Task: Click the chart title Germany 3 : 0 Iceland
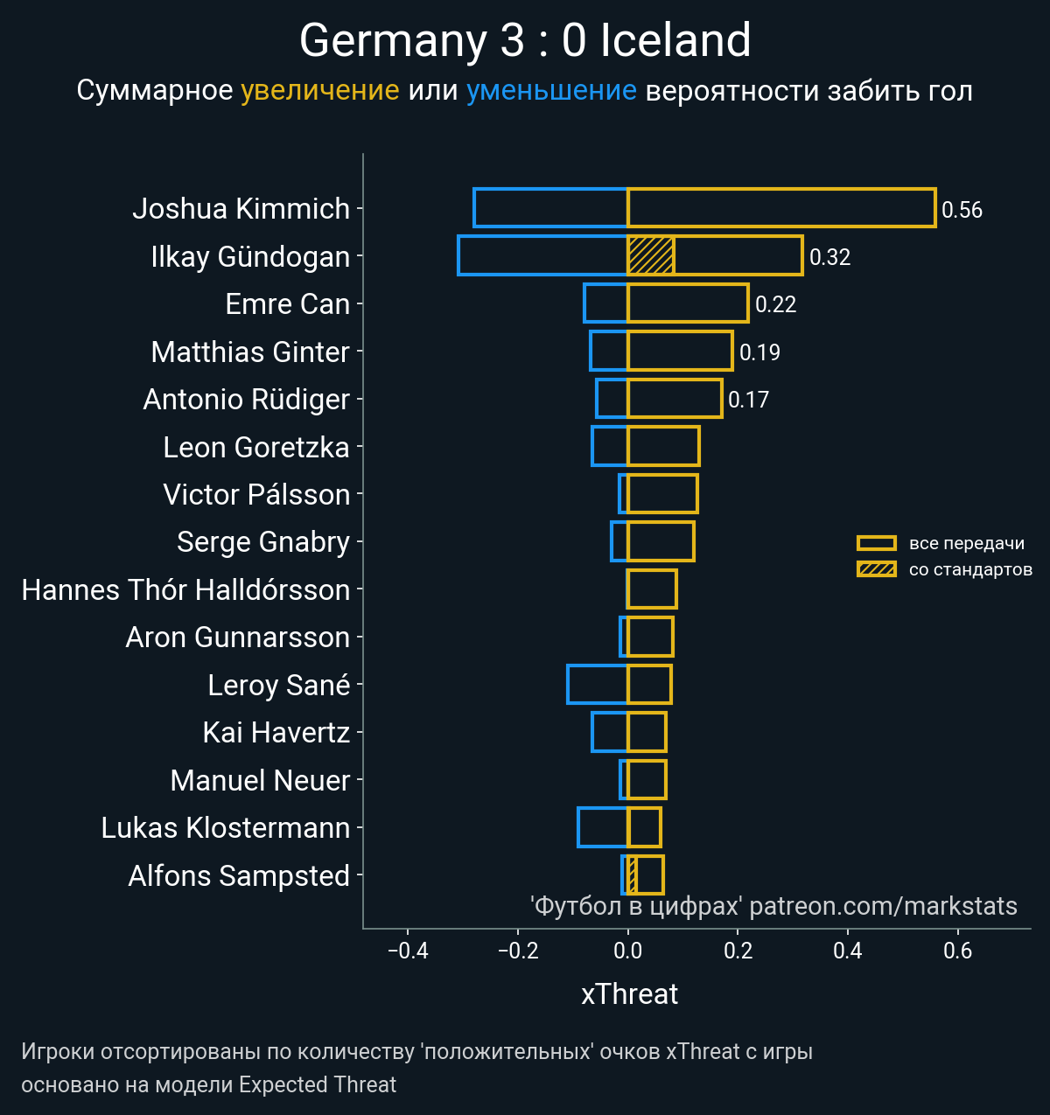point(525,41)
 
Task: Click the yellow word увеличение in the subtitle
point(319,91)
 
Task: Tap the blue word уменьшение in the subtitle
point(551,91)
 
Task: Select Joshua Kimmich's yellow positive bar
point(781,208)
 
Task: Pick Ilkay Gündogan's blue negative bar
point(542,255)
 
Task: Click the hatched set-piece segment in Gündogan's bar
point(651,255)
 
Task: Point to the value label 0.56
point(962,210)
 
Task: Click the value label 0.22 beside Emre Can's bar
point(775,304)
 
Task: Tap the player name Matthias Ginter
point(250,352)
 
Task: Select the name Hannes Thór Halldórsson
point(185,589)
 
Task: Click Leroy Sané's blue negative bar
point(598,685)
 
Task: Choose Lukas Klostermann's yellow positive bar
point(644,827)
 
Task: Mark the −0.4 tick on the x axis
point(408,951)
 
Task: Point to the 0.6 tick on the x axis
point(958,951)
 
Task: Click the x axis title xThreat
point(629,994)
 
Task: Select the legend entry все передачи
point(966,543)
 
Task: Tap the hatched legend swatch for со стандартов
point(877,570)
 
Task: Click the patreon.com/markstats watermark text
point(883,906)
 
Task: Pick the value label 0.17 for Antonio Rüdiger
point(748,400)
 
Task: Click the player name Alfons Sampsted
point(239,875)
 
